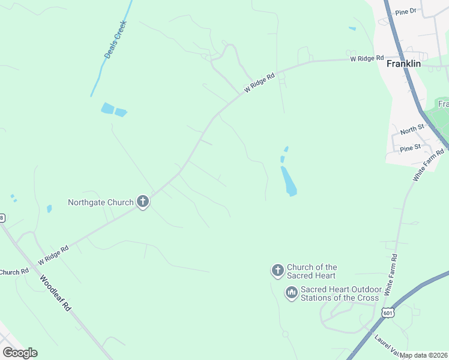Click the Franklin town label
click(x=403, y=63)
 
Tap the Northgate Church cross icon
click(x=143, y=202)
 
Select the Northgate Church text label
click(x=100, y=202)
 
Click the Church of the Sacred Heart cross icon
click(x=277, y=271)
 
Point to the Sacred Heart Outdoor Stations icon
click(x=291, y=293)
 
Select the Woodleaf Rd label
click(x=56, y=293)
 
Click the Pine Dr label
click(x=406, y=11)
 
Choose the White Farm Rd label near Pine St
click(x=428, y=166)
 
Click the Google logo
click(x=20, y=353)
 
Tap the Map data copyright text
click(x=424, y=355)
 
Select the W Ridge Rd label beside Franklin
click(x=367, y=58)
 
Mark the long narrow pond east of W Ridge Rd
click(x=289, y=181)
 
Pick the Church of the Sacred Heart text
click(x=312, y=271)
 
